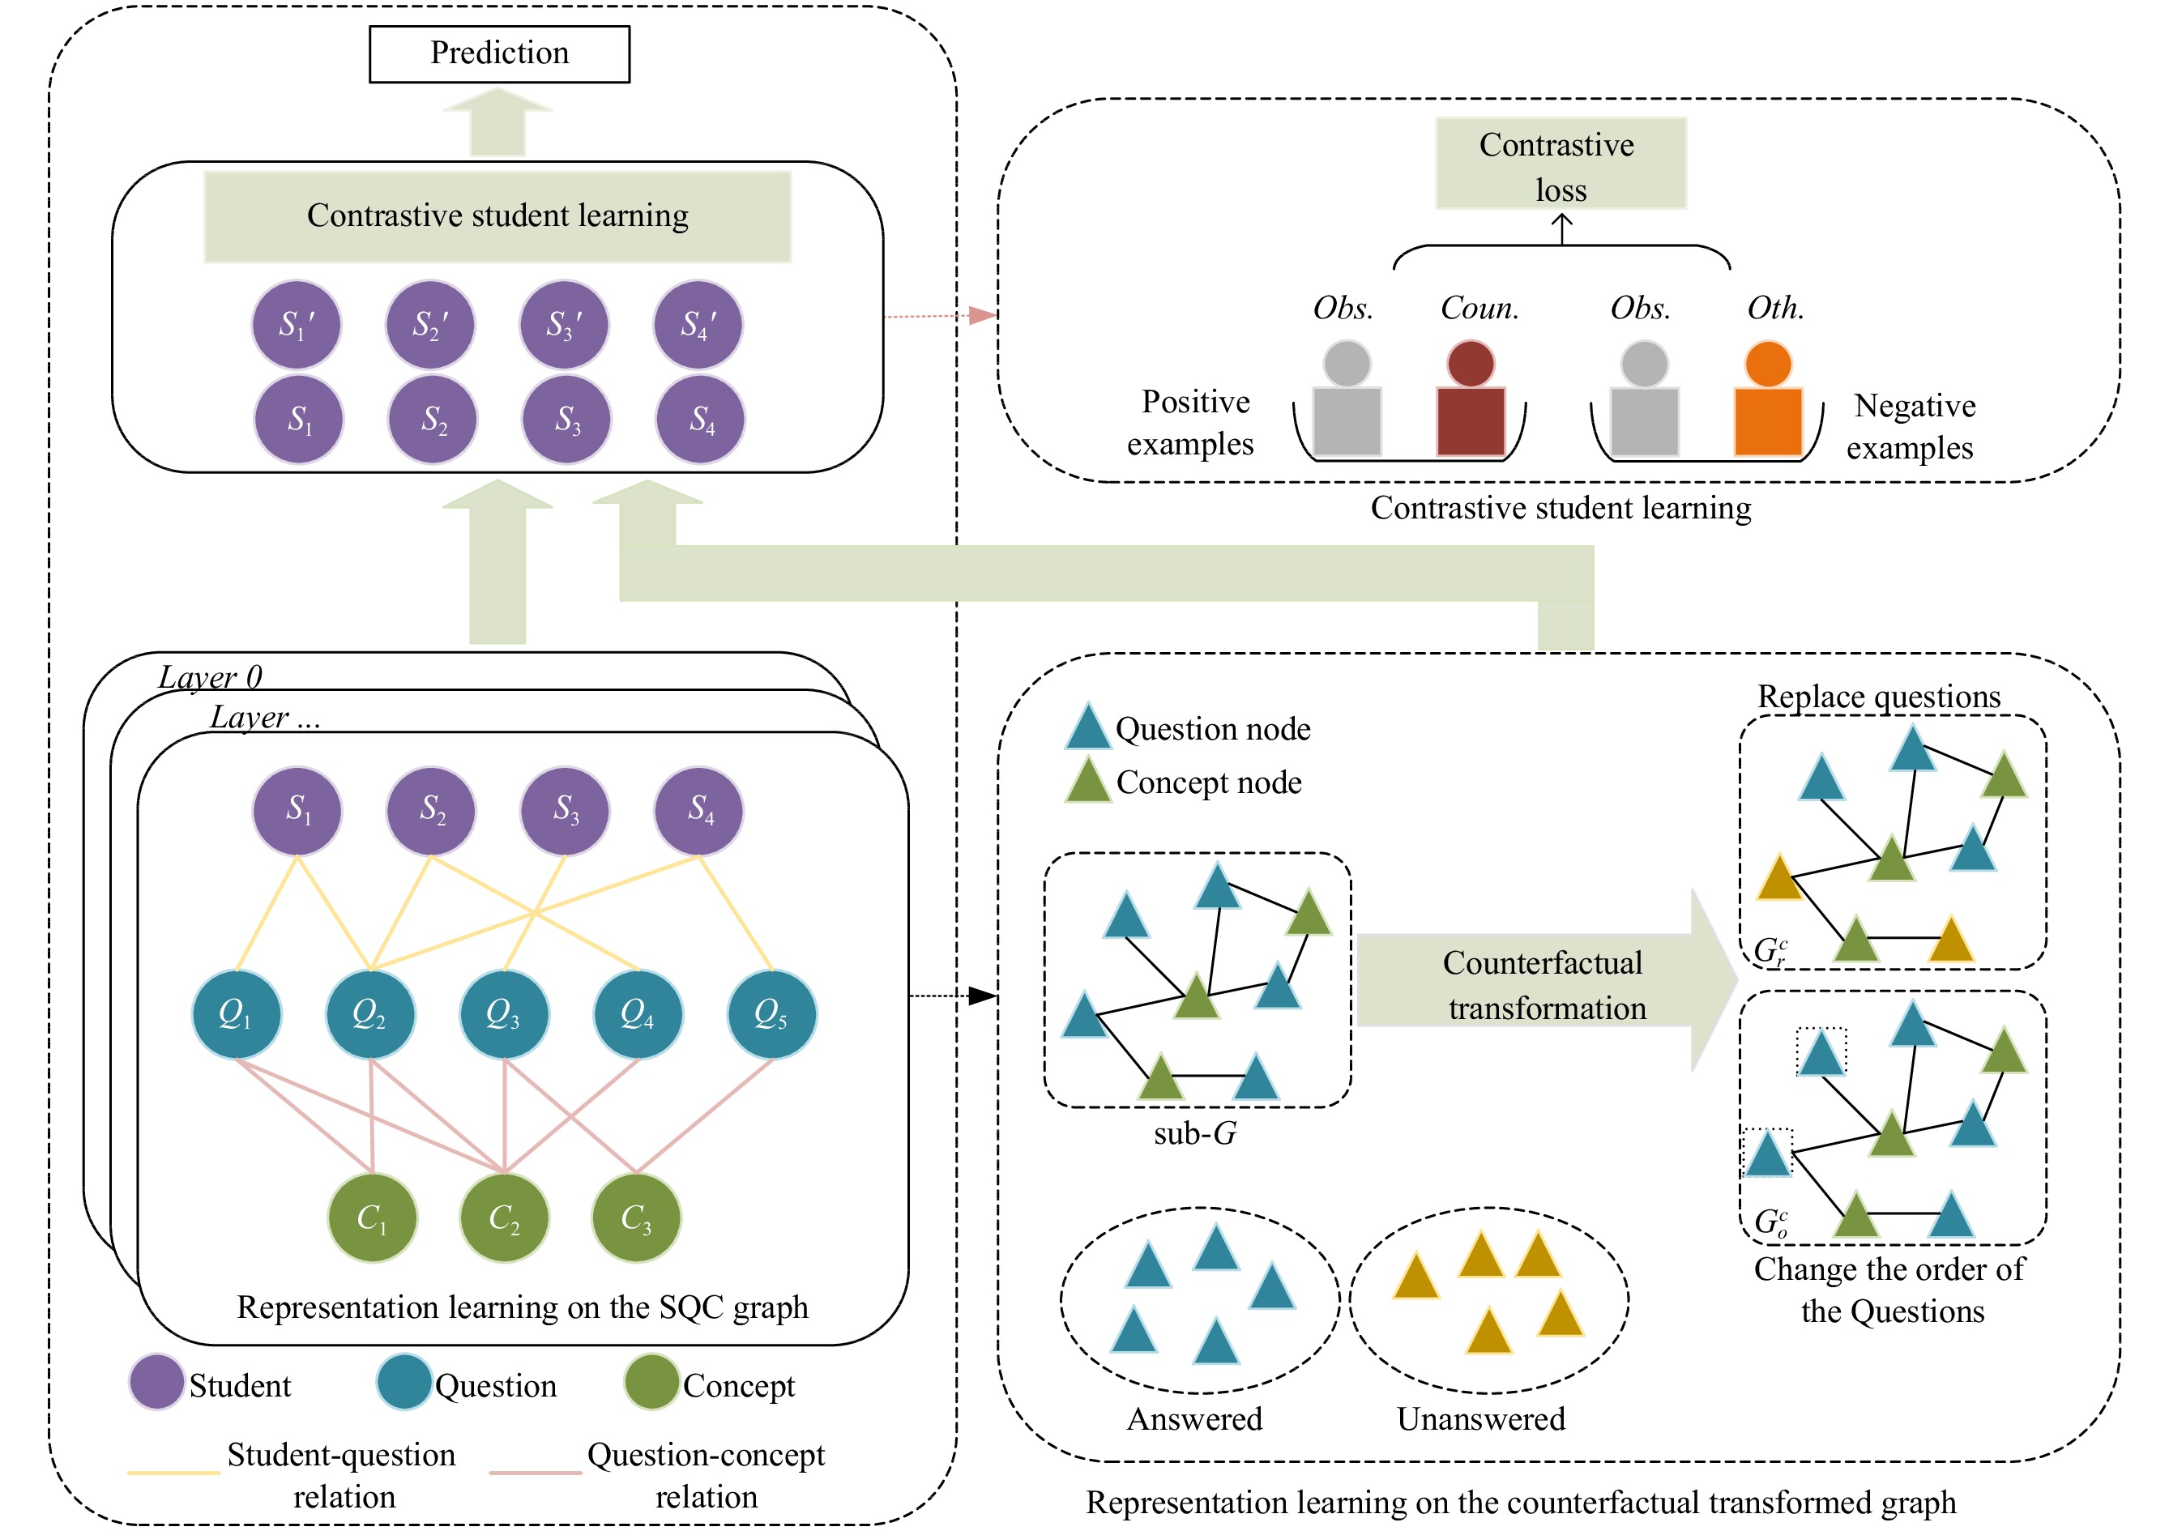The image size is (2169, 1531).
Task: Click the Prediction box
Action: coord(499,53)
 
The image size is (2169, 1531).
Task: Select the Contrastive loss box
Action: coord(1560,164)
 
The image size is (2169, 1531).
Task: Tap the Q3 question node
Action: coord(503,1013)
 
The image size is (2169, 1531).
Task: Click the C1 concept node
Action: coord(372,1218)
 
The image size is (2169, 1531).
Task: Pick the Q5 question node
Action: coord(772,1013)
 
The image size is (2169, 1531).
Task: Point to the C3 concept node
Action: coord(636,1218)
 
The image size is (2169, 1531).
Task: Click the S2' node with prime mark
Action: coord(431,324)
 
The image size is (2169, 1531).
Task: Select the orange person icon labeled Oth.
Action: coord(1767,402)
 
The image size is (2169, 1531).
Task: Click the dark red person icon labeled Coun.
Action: coord(1470,402)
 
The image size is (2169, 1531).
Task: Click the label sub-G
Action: coord(1195,1132)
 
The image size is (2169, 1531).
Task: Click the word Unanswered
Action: coord(1480,1418)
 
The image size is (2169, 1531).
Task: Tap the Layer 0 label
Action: coord(210,677)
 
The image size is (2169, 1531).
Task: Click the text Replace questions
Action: coord(1878,696)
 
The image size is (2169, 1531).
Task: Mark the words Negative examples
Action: coord(1911,426)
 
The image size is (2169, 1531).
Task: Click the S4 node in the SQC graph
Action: coord(699,810)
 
